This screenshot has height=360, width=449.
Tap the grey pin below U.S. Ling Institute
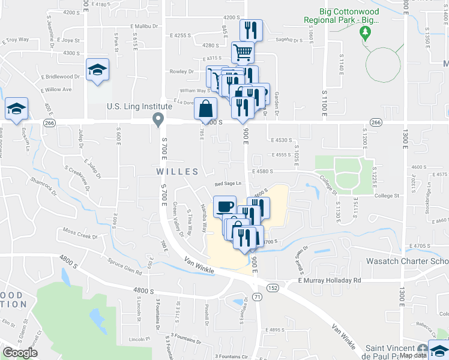158,120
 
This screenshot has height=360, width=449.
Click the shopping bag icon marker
205,109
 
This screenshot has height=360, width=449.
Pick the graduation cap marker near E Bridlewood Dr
97,70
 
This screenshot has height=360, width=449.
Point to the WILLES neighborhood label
177,172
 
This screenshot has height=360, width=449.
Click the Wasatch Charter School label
408,262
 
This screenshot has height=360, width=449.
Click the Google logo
19,352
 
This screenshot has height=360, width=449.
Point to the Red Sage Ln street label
229,184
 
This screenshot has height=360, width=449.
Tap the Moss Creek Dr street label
80,235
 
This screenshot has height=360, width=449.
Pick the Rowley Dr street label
182,71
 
